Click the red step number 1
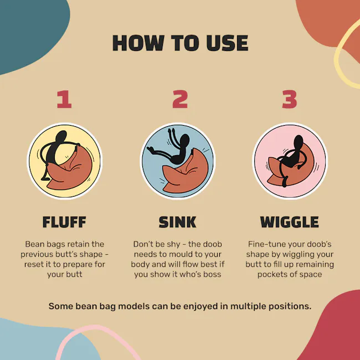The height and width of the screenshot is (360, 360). (64, 99)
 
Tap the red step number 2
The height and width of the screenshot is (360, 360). (180, 99)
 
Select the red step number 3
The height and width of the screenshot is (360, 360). (290, 99)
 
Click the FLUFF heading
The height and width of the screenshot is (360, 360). (64, 222)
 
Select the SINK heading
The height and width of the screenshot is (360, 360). (177, 222)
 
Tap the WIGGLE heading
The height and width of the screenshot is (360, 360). (290, 222)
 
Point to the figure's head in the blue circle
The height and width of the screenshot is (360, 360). (185, 141)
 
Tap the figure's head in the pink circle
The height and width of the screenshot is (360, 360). (299, 141)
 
